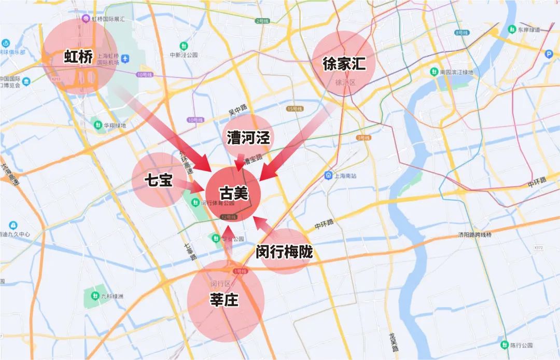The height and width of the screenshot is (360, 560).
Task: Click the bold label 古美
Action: [x=234, y=194]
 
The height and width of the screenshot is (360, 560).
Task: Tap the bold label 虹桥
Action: [x=78, y=57]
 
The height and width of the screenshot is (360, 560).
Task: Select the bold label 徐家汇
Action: [x=344, y=64]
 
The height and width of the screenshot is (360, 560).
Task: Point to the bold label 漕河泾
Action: [x=248, y=137]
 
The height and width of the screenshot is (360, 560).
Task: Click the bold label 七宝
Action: [x=158, y=181]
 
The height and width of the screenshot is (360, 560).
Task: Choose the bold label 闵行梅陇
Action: [x=284, y=252]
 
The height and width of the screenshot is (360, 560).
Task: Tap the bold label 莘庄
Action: [x=225, y=299]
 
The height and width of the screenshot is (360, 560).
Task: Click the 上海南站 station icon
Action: [x=328, y=175]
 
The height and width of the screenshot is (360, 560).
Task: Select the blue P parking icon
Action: [x=549, y=53]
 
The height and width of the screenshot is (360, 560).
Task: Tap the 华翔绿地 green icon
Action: [x=97, y=124]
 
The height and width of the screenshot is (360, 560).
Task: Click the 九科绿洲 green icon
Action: [x=94, y=296]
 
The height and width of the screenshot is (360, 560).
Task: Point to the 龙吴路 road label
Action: [x=393, y=342]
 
